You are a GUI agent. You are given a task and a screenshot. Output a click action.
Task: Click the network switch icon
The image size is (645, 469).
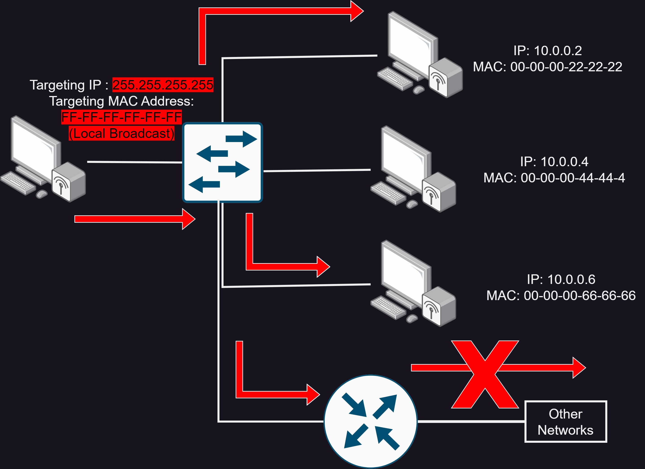pos(222,162)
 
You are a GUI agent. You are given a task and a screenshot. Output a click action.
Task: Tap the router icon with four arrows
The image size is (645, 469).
pos(371,421)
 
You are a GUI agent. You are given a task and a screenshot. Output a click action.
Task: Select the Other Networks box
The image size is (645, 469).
pos(566,422)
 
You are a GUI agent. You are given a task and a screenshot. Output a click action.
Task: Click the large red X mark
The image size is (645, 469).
pos(485,374)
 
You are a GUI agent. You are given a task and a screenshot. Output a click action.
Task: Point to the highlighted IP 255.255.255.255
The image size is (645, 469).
pos(163,85)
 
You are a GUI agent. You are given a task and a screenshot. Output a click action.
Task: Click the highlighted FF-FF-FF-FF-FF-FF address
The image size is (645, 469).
pos(121,117)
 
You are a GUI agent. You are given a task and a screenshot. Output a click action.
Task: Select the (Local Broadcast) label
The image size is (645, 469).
pos(121,133)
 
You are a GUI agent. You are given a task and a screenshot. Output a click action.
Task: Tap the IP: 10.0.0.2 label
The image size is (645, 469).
pos(547,51)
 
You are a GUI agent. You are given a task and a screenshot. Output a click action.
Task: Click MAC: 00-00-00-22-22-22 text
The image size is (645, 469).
pos(547,67)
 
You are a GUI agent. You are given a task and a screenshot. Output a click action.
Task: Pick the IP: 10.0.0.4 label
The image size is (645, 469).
pos(554,162)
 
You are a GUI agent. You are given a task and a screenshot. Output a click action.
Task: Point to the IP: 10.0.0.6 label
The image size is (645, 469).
pos(561,279)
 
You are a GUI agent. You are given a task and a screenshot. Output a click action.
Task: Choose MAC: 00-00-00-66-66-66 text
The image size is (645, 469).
pos(561,296)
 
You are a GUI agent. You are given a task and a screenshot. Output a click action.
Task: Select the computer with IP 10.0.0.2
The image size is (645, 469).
pos(420,54)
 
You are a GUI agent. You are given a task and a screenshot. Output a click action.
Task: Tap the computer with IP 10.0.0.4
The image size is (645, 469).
pos(413,169)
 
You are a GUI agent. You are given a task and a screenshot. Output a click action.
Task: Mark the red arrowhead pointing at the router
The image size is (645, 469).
pos(313,395)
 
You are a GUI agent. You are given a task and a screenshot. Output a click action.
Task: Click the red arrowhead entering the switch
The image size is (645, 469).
pos(189,219)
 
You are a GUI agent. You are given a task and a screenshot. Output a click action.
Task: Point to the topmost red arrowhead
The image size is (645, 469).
pos(357,11)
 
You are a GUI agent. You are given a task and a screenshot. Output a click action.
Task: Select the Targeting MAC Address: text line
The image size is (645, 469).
pos(121,101)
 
